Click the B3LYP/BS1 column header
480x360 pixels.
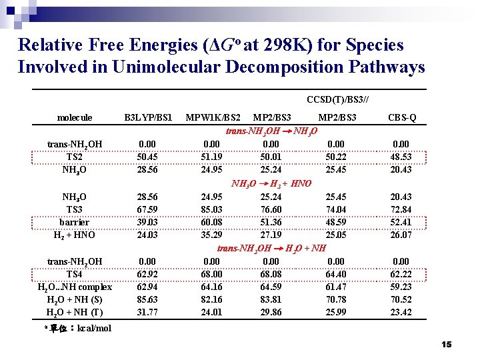(x=148, y=118)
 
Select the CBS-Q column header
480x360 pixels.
(x=402, y=118)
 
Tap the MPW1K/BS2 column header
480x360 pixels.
(x=213, y=118)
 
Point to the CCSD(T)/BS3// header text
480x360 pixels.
(x=337, y=100)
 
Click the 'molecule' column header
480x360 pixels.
(x=75, y=118)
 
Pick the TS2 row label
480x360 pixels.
(x=75, y=157)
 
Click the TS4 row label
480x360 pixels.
(x=75, y=274)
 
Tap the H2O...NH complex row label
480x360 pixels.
(x=75, y=287)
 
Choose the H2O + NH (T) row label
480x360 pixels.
(x=75, y=312)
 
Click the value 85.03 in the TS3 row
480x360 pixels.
(x=211, y=209)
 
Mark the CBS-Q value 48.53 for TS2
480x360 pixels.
(x=401, y=157)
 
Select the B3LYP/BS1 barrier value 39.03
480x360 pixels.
(x=147, y=222)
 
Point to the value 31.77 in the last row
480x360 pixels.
(x=147, y=312)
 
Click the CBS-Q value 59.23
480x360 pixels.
(x=401, y=287)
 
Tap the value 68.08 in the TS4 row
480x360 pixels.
(x=270, y=274)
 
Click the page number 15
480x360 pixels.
(x=446, y=345)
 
